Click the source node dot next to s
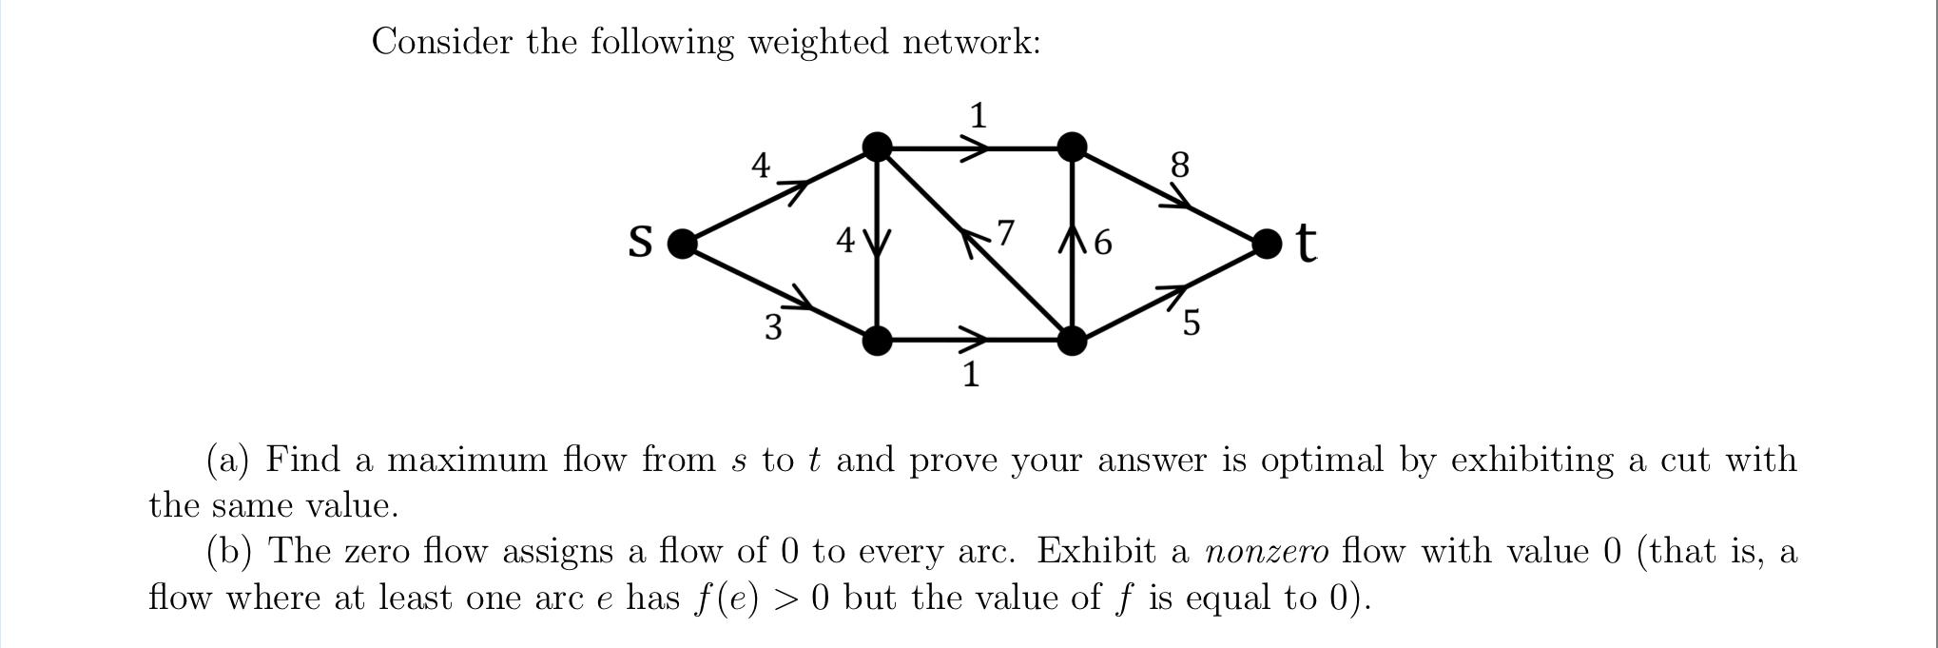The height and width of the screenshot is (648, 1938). coord(682,244)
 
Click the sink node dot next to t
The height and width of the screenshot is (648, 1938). coord(1266,244)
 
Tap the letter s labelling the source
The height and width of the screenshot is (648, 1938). coord(641,241)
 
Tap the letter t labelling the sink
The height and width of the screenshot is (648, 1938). coord(1307,243)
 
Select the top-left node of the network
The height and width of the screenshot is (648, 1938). coord(877,147)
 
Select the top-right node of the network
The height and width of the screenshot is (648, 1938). coord(1072,147)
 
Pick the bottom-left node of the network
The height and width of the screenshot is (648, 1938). coord(877,340)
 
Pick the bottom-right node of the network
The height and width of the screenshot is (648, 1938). coord(1072,340)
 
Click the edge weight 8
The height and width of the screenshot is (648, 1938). coord(1179,166)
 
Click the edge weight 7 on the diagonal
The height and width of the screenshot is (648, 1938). coord(1005,231)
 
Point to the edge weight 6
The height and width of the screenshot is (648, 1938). coord(1102,243)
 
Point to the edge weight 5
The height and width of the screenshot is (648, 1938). coord(1191,324)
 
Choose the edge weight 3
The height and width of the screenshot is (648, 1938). coord(773,327)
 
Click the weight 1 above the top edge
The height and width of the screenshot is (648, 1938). coord(978,116)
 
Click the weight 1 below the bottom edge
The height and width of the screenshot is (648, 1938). coord(970,374)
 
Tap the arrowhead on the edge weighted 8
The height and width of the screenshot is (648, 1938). coord(1179,199)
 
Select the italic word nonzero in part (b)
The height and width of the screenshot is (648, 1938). coord(1266,552)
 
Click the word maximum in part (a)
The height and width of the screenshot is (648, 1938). coord(467,461)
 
